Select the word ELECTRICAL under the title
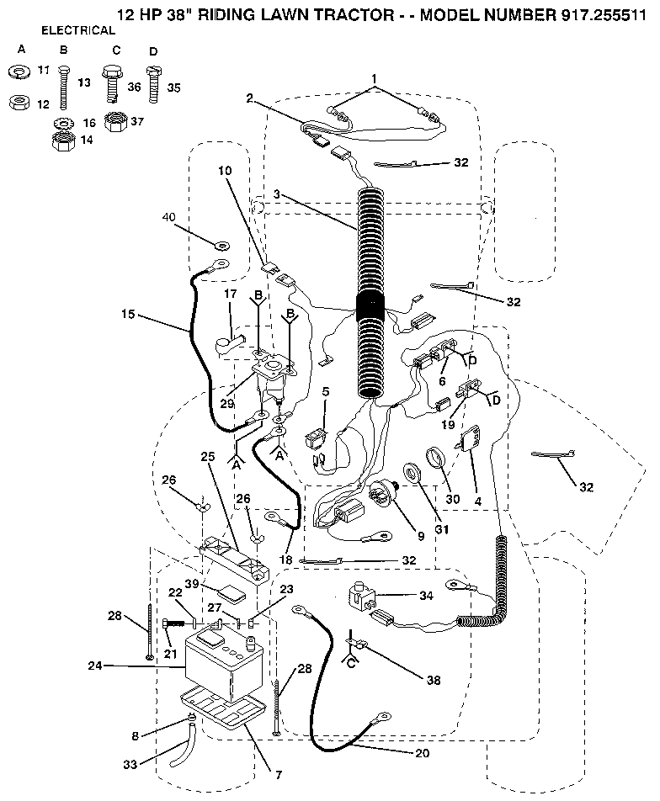(x=78, y=30)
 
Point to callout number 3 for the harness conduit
(x=276, y=195)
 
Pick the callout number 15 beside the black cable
(x=128, y=315)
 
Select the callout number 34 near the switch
(x=428, y=597)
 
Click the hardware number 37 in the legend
(x=136, y=121)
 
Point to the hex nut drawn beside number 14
(x=61, y=142)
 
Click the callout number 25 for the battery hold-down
(x=207, y=456)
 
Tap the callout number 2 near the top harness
(x=250, y=98)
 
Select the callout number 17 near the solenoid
(x=230, y=294)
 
